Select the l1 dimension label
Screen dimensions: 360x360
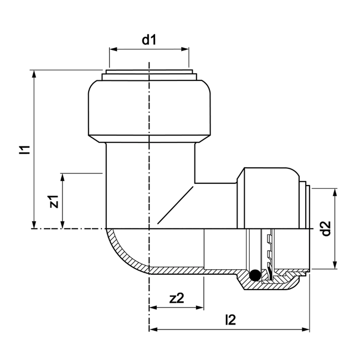click(24, 150)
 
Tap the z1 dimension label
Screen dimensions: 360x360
click(54, 200)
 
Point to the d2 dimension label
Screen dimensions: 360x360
click(326, 229)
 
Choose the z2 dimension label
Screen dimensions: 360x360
click(177, 298)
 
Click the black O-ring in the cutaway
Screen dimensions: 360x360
click(254, 274)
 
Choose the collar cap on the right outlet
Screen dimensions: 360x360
click(270, 197)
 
